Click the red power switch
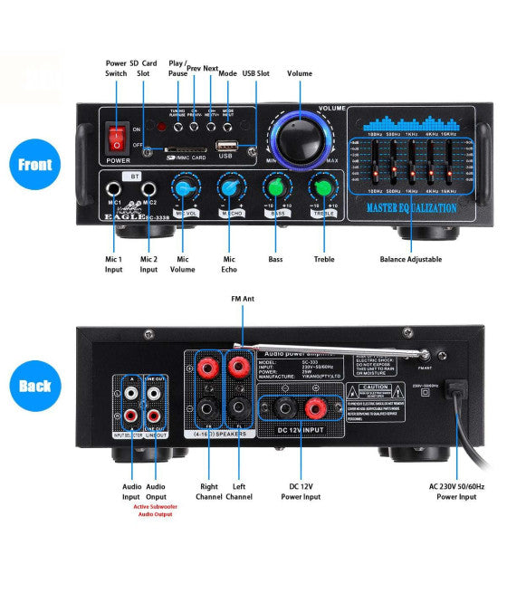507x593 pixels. click(x=115, y=138)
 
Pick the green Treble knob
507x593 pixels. click(x=321, y=187)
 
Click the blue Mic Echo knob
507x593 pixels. click(x=231, y=187)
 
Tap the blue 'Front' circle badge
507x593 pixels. click(x=35, y=165)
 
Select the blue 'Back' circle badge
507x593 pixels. click(x=35, y=385)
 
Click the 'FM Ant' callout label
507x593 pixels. click(x=243, y=298)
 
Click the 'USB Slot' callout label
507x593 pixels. click(x=256, y=72)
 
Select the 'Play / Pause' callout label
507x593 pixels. click(x=177, y=69)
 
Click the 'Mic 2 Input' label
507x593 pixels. click(x=148, y=265)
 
